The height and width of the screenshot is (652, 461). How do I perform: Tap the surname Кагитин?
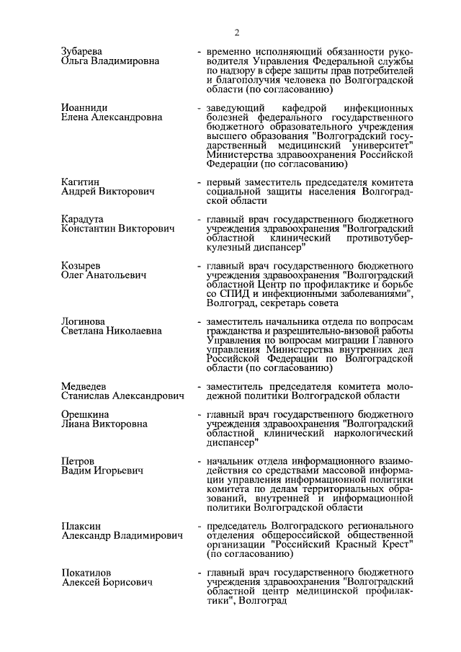(81, 182)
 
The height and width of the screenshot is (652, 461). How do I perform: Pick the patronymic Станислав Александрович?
(122, 396)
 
